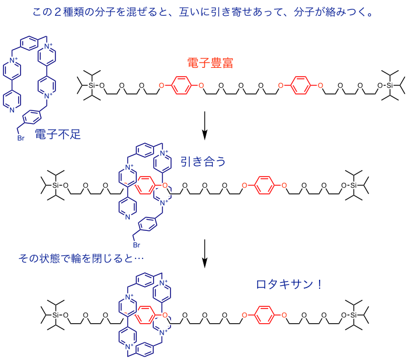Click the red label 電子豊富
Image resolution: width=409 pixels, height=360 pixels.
[210, 63]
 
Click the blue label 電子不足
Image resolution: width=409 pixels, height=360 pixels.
[57, 134]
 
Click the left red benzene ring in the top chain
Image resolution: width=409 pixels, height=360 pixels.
[181, 87]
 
